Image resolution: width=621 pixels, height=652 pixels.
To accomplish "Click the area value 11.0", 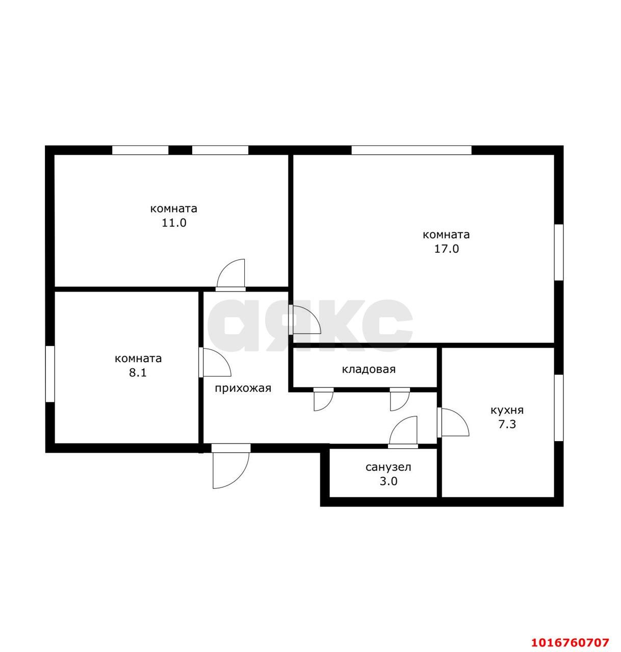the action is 174,223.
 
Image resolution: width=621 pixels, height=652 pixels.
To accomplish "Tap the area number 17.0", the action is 446,249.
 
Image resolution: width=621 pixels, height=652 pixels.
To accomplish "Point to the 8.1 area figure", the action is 138,373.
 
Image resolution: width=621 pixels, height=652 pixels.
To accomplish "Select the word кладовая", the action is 368,369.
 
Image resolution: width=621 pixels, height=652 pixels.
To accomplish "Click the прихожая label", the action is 243,388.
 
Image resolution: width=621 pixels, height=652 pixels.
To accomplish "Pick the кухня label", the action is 507,411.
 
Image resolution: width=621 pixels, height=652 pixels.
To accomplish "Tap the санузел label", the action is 388,467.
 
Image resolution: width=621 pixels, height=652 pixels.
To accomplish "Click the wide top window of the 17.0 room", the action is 411,150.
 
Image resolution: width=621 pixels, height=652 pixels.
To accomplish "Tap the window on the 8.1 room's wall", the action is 49,374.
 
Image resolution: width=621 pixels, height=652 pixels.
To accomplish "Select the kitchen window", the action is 559,407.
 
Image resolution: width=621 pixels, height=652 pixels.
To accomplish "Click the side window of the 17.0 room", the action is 559,252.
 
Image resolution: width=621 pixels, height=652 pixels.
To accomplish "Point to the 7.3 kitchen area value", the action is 507,425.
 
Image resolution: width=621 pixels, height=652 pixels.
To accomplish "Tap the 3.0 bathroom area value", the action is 389,481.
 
